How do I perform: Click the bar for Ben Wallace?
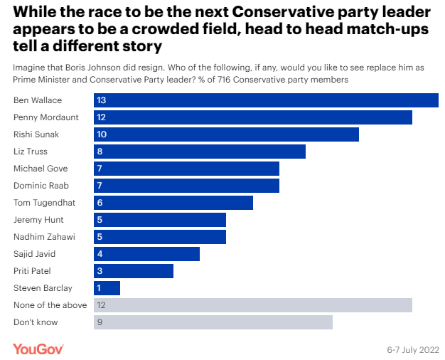pyautogui.click(x=266, y=100)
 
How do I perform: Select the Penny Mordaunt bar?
pyautogui.click(x=253, y=117)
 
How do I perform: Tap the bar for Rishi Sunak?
pyautogui.click(x=226, y=134)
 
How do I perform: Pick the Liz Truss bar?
pyautogui.click(x=200, y=152)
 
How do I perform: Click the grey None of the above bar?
pyautogui.click(x=253, y=305)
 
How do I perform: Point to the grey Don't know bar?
pyautogui.click(x=213, y=322)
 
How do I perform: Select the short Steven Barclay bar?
pyautogui.click(x=107, y=288)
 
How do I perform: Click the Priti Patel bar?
pyautogui.click(x=134, y=271)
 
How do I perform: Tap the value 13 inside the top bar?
pyautogui.click(x=102, y=100)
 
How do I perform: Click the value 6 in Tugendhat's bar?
pyautogui.click(x=100, y=203)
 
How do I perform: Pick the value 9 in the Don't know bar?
pyautogui.click(x=100, y=322)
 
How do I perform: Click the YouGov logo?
pyautogui.click(x=38, y=349)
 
